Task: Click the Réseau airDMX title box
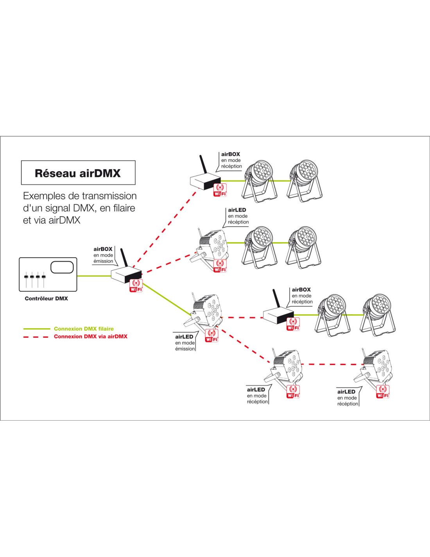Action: pyautogui.click(x=78, y=173)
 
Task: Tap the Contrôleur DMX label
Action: pyautogui.click(x=46, y=298)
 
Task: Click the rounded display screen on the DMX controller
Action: pyautogui.click(x=62, y=267)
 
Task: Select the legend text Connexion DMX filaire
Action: pyautogui.click(x=84, y=329)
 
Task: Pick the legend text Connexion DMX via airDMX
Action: pyautogui.click(x=90, y=336)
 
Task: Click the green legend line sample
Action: pyautogui.click(x=37, y=329)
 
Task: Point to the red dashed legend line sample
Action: pyautogui.click(x=36, y=337)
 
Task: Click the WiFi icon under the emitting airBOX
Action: pyautogui.click(x=136, y=286)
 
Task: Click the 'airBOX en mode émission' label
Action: pyautogui.click(x=103, y=255)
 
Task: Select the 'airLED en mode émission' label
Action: pyautogui.click(x=185, y=342)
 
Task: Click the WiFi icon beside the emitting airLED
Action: pyautogui.click(x=211, y=336)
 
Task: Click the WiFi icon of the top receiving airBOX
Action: pyautogui.click(x=220, y=190)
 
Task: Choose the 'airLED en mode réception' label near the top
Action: pyautogui.click(x=238, y=216)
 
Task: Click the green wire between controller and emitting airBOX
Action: pyautogui.click(x=94, y=276)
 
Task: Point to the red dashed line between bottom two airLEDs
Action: pyautogui.click(x=331, y=364)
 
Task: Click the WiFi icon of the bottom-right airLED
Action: pyautogui.click(x=383, y=392)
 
